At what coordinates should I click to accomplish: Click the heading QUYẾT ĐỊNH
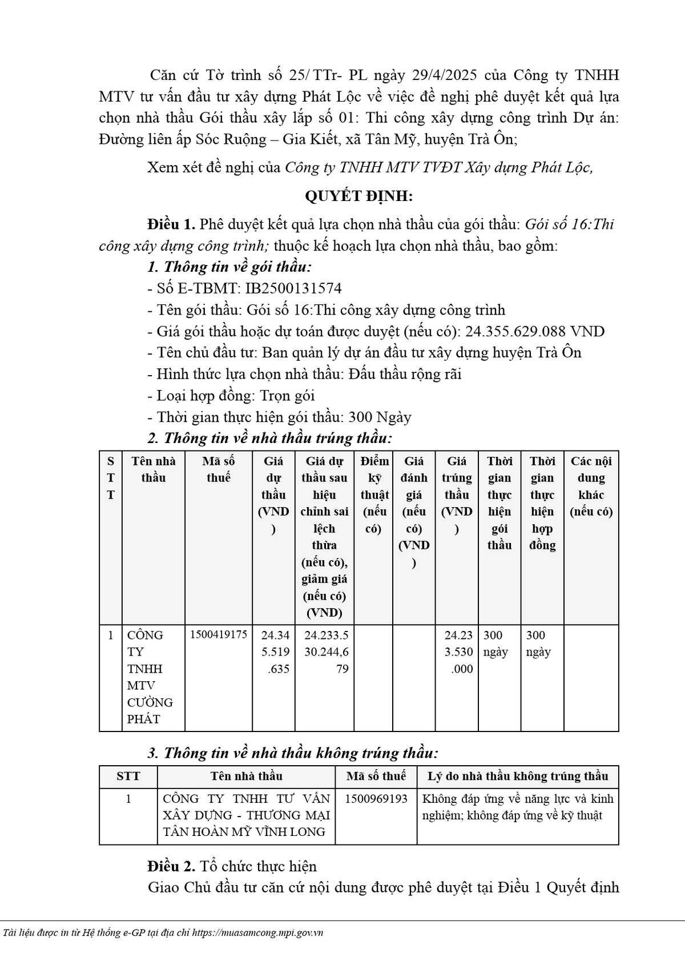point(358,196)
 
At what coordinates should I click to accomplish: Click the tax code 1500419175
point(219,635)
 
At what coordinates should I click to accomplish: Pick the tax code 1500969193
point(376,798)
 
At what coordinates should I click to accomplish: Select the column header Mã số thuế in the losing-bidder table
point(376,776)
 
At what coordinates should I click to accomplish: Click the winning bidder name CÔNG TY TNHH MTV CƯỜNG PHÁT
point(150,677)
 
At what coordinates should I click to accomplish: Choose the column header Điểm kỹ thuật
point(374,494)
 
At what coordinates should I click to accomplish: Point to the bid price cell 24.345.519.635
point(275,652)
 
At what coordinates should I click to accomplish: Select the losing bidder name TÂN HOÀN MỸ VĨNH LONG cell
point(246,815)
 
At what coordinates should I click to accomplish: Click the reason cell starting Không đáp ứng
point(517,807)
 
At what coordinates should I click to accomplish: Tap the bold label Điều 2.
point(171,866)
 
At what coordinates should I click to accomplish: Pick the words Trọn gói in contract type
point(287,396)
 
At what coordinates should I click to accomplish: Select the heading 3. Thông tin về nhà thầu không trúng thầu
point(293,753)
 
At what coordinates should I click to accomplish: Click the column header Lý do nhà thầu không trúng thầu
point(518,776)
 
